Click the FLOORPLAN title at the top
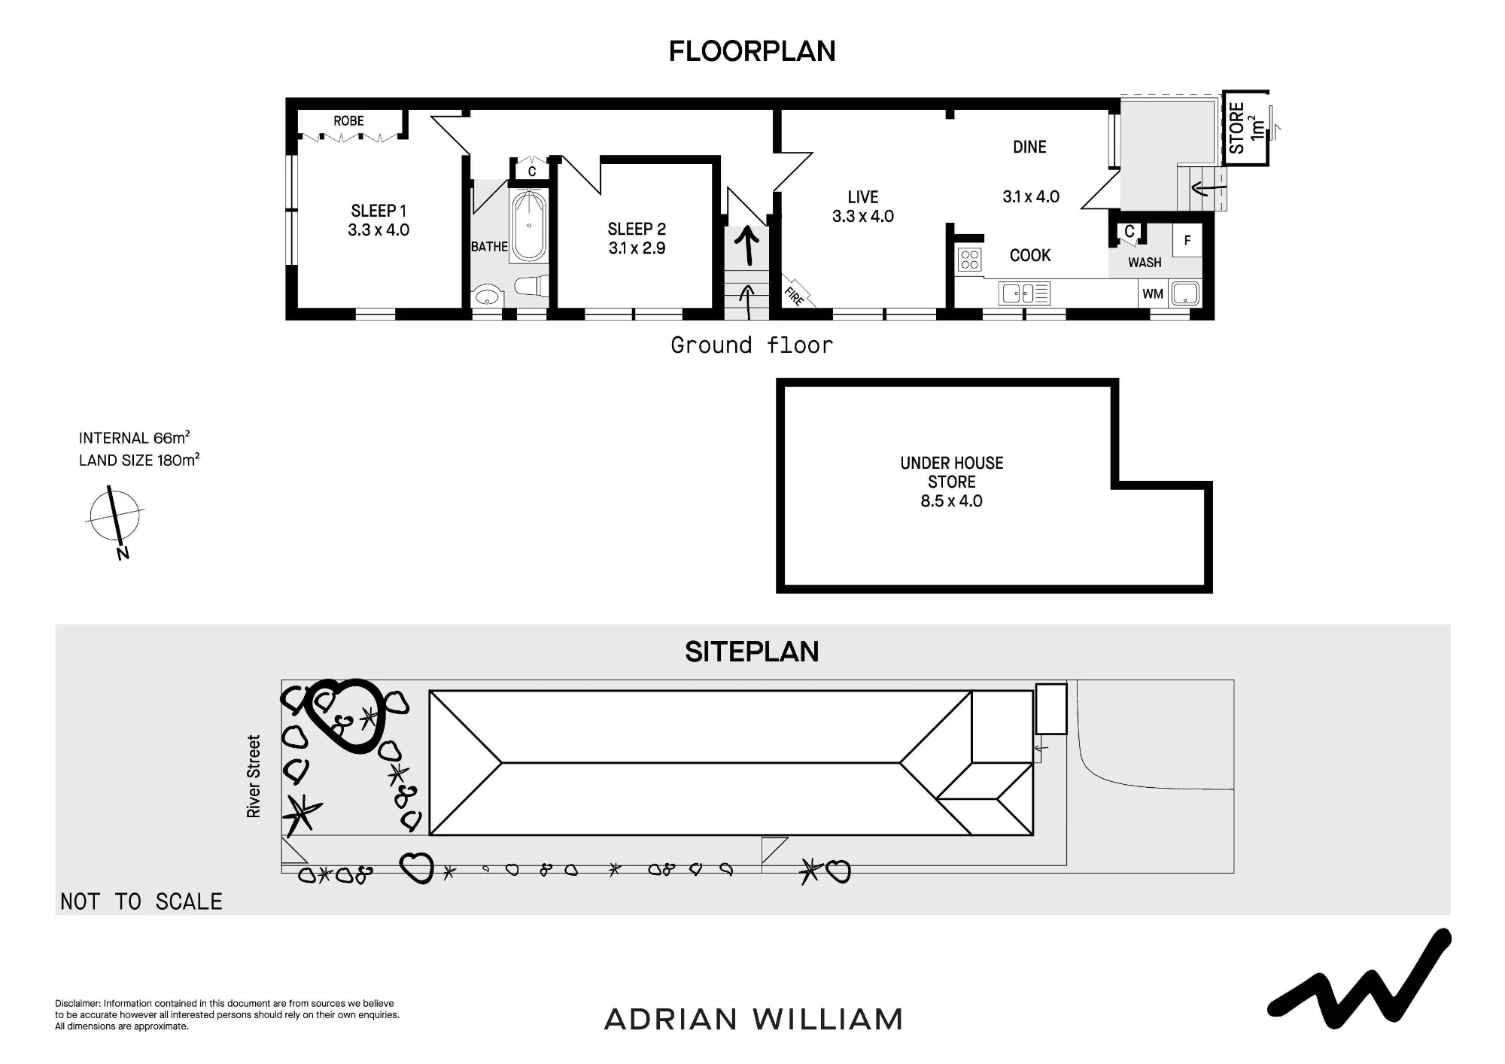tap(752, 51)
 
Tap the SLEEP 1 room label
tap(379, 211)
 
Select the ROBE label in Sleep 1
tap(348, 120)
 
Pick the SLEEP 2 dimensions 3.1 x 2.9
tap(637, 248)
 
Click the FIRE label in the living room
tap(795, 296)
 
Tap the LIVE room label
tap(863, 197)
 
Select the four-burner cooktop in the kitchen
tap(970, 260)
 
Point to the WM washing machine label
tap(1153, 293)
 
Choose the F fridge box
tap(1187, 241)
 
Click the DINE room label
tap(1029, 147)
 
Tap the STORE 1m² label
tap(1245, 128)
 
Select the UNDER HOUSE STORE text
tap(952, 473)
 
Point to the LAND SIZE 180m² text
tap(139, 460)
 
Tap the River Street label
tap(254, 777)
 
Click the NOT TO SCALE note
tap(141, 901)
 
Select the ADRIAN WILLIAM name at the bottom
tap(753, 1020)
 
